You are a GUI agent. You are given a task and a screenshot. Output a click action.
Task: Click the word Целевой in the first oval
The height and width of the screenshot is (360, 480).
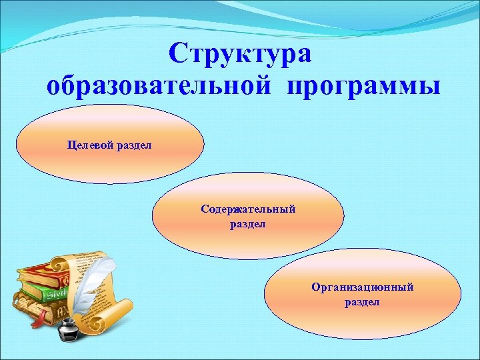tap(90, 144)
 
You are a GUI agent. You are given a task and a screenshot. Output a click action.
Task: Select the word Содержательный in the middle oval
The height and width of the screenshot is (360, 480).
tap(248, 209)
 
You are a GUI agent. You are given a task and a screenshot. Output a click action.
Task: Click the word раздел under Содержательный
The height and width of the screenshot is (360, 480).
tap(248, 224)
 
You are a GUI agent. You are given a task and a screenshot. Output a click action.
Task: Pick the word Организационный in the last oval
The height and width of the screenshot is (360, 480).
tap(362, 287)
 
